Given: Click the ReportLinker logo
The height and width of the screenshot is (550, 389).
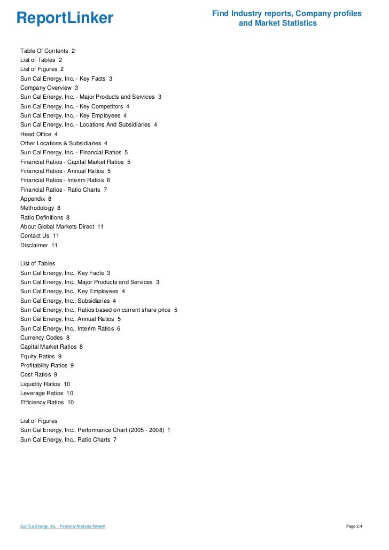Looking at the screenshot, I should coord(65,19).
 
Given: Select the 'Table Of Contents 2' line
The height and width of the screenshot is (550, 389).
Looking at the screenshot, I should coord(48,51).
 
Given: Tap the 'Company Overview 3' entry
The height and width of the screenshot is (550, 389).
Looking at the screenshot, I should coord(49,88).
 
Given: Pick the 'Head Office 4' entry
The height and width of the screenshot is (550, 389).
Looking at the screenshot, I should coord(39,134).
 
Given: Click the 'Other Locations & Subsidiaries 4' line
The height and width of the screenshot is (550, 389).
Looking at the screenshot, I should coord(64,143).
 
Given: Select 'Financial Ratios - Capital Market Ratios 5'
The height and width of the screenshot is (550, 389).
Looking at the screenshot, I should coord(75,162).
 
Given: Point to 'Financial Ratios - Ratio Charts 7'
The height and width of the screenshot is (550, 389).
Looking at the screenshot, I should coord(64,190).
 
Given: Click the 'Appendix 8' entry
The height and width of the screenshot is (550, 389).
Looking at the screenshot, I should coord(36,199).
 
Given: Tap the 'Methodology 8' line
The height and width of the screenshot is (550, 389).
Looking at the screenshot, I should coord(41,208).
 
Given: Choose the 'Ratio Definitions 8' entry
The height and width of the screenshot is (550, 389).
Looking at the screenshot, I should coord(45,217).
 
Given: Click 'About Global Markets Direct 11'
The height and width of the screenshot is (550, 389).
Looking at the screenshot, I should coord(62,226).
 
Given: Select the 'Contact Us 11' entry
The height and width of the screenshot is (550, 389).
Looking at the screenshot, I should coord(40,235).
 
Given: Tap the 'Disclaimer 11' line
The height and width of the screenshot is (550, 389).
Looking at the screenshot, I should coord(39,245).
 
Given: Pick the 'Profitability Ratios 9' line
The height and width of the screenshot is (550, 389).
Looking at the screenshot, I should coord(47,365).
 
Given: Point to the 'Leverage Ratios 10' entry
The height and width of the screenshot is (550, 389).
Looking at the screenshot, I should coord(47,393).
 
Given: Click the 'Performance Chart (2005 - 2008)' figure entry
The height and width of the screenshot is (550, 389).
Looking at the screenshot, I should coord(96,430).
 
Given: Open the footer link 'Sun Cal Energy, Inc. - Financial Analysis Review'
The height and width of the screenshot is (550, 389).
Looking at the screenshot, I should coord(63,527).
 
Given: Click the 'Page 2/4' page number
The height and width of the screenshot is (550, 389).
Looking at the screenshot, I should coord(354,527).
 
